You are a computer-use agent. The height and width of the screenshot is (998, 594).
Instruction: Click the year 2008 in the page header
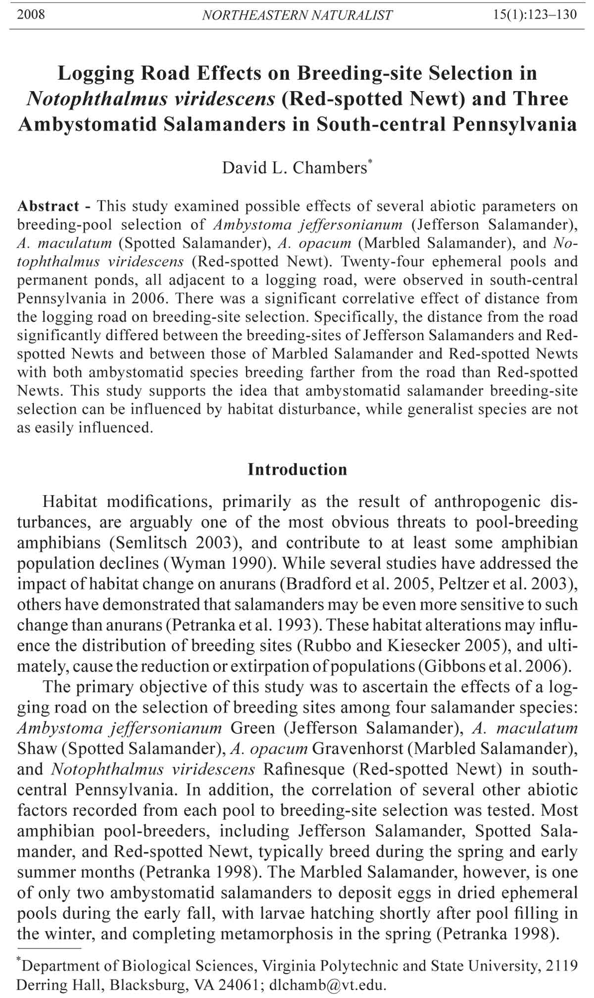coord(31,14)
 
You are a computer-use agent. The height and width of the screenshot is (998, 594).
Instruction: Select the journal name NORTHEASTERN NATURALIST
coord(297,15)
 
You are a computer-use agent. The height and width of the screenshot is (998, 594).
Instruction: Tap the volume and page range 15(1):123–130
coord(535,14)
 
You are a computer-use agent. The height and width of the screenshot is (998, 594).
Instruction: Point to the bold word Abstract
coord(48,206)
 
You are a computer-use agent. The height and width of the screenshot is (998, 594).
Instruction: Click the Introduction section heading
coord(297,469)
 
